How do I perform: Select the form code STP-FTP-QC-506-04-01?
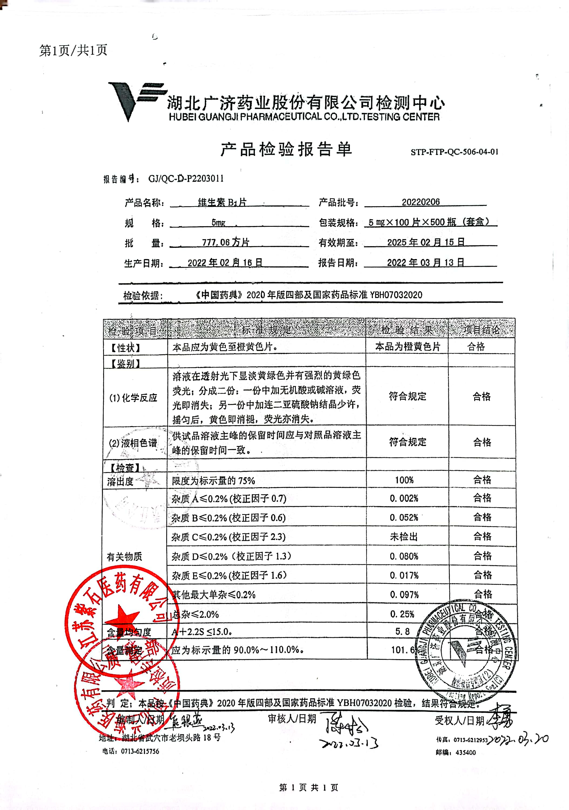454,152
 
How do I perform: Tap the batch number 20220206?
421,202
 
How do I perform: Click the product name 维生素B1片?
222,202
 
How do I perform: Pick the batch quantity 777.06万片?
225,242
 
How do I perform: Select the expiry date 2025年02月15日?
426,242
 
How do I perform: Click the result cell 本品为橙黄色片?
407,347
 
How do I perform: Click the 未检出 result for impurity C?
404,537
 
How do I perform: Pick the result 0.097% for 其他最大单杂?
404,595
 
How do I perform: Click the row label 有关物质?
124,557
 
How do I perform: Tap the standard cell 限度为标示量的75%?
213,481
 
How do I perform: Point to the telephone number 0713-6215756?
140,751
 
